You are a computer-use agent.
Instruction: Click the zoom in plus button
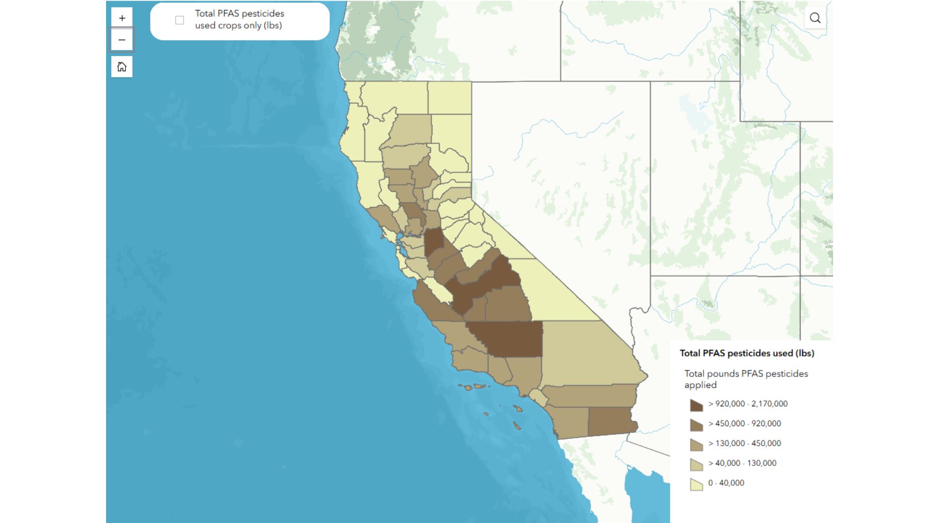click(122, 18)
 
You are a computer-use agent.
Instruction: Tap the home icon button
click(122, 67)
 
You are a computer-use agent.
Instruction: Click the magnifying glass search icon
click(815, 18)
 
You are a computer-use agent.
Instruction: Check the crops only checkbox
click(180, 20)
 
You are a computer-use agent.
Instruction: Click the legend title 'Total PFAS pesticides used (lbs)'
click(746, 353)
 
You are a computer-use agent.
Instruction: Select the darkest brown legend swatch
click(696, 404)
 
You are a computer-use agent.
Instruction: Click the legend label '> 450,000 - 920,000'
click(744, 423)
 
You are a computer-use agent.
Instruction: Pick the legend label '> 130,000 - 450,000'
click(744, 443)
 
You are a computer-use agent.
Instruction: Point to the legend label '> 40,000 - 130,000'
click(742, 463)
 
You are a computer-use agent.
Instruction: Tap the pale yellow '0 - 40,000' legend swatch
click(696, 484)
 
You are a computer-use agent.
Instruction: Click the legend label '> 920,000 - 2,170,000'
click(748, 403)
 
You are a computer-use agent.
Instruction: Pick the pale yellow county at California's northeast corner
click(449, 97)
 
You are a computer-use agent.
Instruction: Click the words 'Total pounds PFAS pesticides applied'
click(746, 379)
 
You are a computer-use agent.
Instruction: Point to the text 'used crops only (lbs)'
click(238, 26)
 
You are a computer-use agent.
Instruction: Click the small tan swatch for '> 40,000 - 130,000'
click(696, 464)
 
